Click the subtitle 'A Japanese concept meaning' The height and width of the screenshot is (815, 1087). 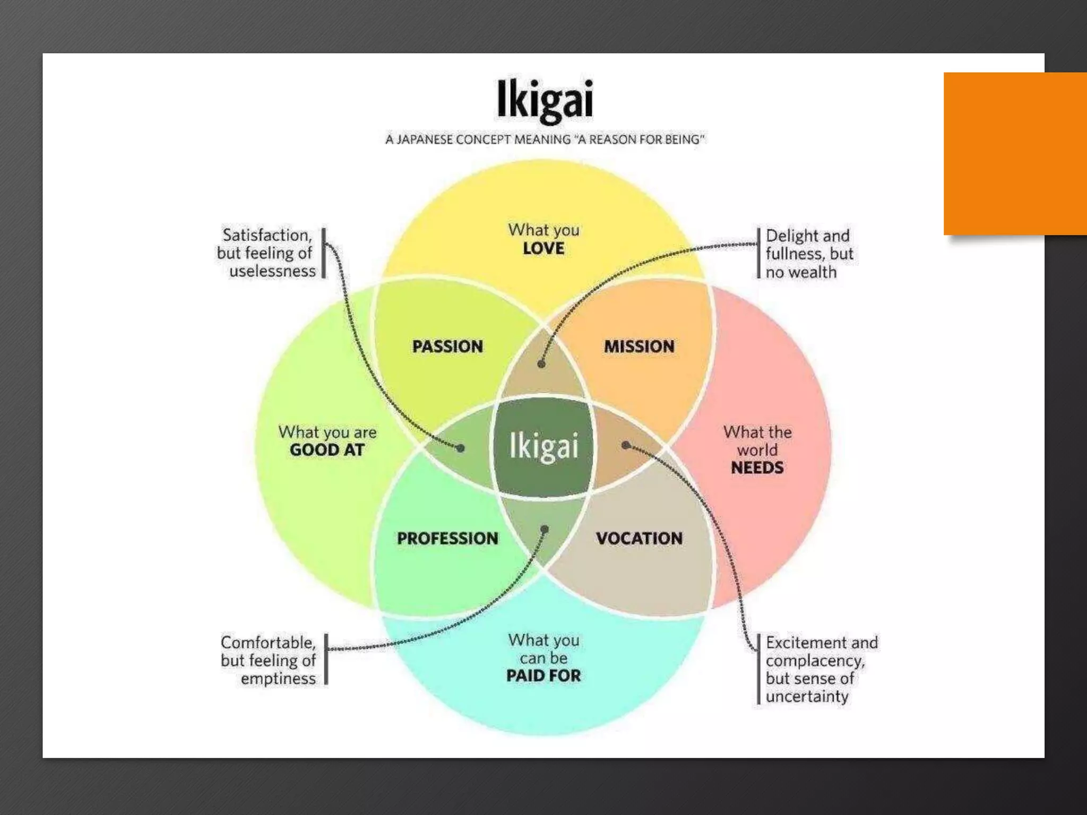pyautogui.click(x=545, y=140)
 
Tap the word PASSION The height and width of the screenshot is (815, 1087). pyautogui.click(x=447, y=346)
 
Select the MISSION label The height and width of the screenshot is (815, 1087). pyautogui.click(x=639, y=346)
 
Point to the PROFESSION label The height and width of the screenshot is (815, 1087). pyautogui.click(x=447, y=538)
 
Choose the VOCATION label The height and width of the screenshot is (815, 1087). pyautogui.click(x=639, y=538)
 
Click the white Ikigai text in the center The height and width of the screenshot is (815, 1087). pyautogui.click(x=543, y=446)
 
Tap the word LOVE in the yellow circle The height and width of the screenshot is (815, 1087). pyautogui.click(x=543, y=248)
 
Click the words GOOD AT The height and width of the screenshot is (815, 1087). pyautogui.click(x=327, y=450)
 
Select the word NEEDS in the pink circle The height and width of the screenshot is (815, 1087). pyautogui.click(x=757, y=467)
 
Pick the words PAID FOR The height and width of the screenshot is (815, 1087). pyautogui.click(x=543, y=675)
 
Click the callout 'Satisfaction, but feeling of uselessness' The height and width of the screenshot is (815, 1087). pyautogui.click(x=266, y=253)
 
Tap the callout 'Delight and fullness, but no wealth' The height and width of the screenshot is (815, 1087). pyautogui.click(x=809, y=254)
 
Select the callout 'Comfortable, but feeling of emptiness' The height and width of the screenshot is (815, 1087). pyautogui.click(x=269, y=660)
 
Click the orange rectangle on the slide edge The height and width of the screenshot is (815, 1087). pyautogui.click(x=1015, y=153)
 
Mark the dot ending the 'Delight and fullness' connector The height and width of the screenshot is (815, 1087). pyautogui.click(x=541, y=364)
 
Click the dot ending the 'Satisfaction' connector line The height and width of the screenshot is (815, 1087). pyautogui.click(x=461, y=448)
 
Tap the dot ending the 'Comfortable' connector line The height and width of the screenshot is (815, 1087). pyautogui.click(x=545, y=529)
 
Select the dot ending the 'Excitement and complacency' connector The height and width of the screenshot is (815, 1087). pyautogui.click(x=626, y=445)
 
